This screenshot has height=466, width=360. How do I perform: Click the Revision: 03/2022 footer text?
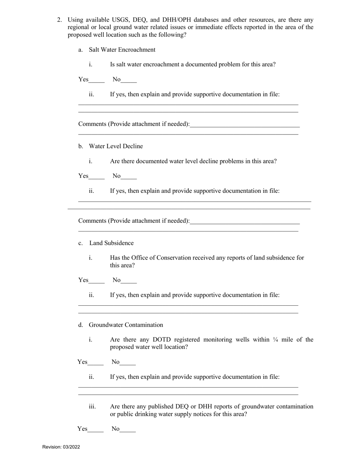pyautogui.click(x=61, y=447)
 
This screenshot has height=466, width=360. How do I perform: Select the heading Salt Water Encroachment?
pyautogui.click(x=122, y=50)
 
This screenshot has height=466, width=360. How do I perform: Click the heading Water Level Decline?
pyautogui.click(x=116, y=146)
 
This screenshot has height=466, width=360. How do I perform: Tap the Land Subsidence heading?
pyautogui.click(x=111, y=243)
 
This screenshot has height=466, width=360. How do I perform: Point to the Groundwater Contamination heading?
pyautogui.click(x=126, y=325)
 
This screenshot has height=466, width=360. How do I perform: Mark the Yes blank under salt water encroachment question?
pyautogui.click(x=97, y=80)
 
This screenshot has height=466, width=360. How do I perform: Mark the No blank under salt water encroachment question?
pyautogui.click(x=129, y=80)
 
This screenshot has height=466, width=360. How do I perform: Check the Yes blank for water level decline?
pyautogui.click(x=97, y=177)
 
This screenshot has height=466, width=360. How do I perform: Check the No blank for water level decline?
pyautogui.click(x=129, y=177)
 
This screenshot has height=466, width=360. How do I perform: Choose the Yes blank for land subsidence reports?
pyautogui.click(x=97, y=281)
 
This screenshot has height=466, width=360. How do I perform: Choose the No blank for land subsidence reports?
pyautogui.click(x=129, y=281)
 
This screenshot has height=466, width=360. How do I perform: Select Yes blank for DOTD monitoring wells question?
pyautogui.click(x=95, y=363)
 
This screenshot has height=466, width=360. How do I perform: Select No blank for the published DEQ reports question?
pyautogui.click(x=128, y=429)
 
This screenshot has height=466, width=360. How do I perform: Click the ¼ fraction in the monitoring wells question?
pyautogui.click(x=275, y=339)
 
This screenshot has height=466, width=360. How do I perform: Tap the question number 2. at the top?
pyautogui.click(x=59, y=20)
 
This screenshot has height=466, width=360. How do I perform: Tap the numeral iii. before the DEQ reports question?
pyautogui.click(x=92, y=407)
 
